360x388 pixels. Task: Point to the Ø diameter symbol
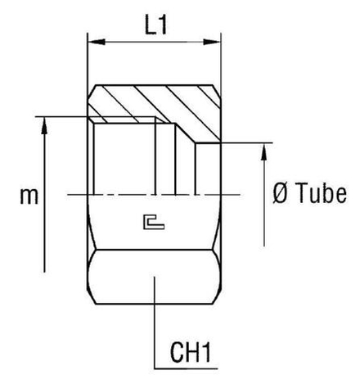pyautogui.click(x=279, y=194)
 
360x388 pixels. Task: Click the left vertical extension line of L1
pyautogui.click(x=88, y=61)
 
